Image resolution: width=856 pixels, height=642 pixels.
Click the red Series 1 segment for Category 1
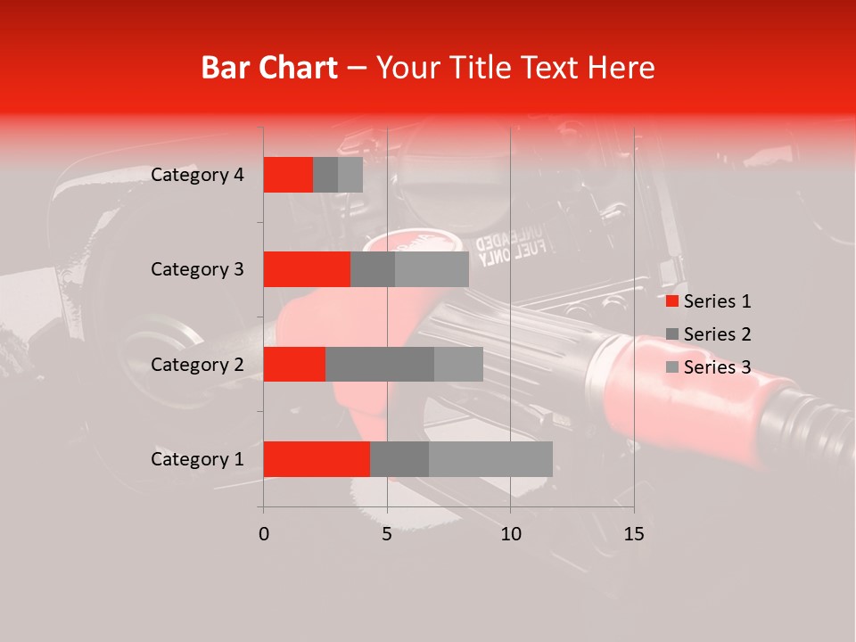click(317, 459)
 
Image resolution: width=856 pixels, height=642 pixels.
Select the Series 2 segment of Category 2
click(380, 364)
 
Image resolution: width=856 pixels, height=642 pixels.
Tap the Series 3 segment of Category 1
click(490, 459)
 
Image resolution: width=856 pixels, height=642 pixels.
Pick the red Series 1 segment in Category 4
click(288, 175)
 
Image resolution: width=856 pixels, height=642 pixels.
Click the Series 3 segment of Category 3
click(432, 269)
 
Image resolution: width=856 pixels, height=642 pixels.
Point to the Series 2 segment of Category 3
click(373, 269)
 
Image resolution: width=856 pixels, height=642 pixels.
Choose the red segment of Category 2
click(294, 364)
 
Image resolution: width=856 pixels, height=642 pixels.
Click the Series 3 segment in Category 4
click(350, 175)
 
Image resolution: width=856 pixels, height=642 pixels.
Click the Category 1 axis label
click(197, 459)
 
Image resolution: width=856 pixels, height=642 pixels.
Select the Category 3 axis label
click(197, 269)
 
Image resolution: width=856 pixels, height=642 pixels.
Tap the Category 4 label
click(197, 175)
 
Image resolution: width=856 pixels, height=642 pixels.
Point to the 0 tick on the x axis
click(264, 534)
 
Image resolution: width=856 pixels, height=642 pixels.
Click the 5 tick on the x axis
click(387, 534)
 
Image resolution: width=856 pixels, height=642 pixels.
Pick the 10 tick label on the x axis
click(510, 534)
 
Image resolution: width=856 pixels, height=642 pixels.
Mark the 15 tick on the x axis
click(634, 534)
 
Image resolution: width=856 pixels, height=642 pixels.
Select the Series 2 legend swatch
click(671, 334)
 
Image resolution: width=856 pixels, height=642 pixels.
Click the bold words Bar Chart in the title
click(269, 67)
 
